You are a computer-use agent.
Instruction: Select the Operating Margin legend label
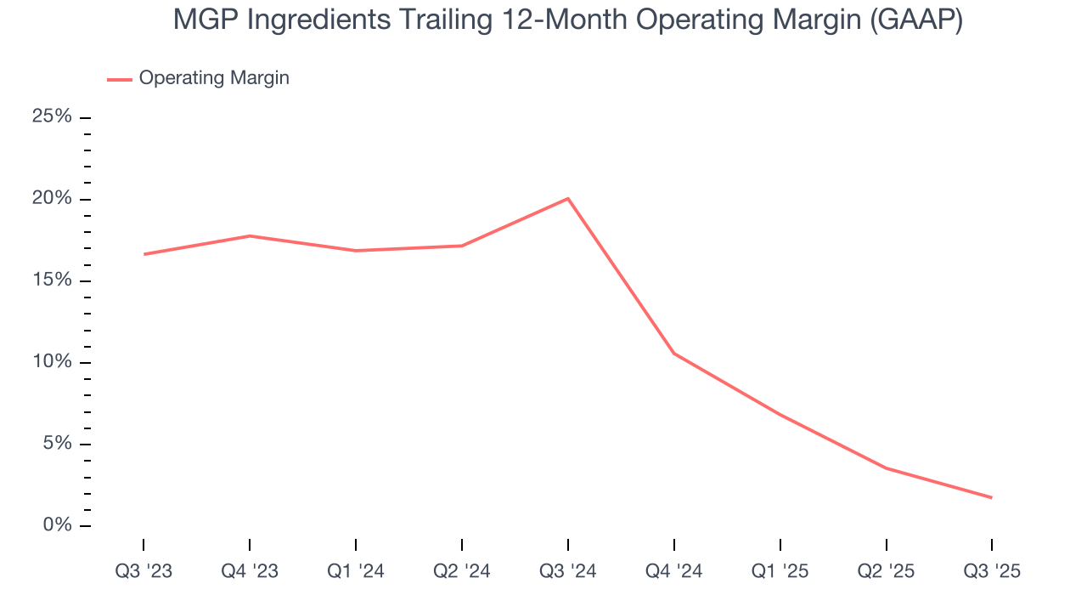pos(214,78)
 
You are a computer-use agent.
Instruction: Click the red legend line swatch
pos(120,79)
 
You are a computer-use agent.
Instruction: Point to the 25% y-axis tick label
pos(52,116)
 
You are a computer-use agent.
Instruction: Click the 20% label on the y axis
pos(52,199)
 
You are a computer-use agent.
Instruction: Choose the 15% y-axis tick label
pos(52,280)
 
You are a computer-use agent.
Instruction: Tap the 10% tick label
pos(52,362)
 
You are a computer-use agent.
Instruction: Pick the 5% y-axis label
pos(57,444)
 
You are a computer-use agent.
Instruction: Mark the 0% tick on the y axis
pos(57,525)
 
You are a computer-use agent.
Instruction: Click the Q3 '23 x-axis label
pos(144,571)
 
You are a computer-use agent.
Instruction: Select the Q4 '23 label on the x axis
pos(250,571)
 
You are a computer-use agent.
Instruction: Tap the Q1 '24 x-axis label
pos(356,571)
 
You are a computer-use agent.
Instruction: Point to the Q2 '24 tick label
pos(462,571)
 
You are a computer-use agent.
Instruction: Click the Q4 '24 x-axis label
pos(674,571)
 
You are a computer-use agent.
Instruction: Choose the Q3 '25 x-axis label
pos(992,571)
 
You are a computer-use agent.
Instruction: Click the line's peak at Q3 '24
pos(567,199)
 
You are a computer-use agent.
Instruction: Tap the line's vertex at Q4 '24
pos(674,353)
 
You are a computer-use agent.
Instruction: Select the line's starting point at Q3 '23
pos(144,254)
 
